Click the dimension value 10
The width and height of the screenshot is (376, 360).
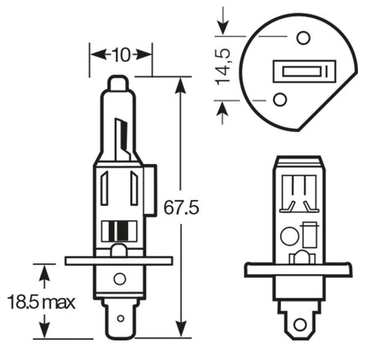(121, 55)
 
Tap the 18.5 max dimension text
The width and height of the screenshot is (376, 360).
(41, 302)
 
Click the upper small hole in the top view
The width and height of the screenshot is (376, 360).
(303, 36)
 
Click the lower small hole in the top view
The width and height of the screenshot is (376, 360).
(280, 100)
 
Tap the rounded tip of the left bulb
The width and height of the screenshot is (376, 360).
(118, 82)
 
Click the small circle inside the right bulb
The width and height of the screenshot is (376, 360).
(288, 237)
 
